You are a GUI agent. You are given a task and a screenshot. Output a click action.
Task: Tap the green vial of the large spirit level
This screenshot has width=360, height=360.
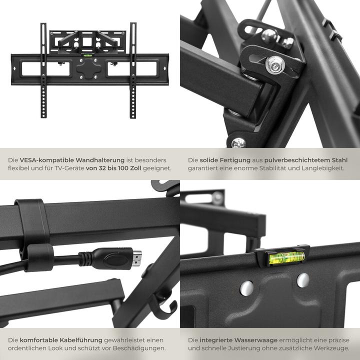click(286, 257)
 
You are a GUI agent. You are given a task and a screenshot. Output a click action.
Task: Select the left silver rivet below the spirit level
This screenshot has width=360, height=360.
click(246, 287)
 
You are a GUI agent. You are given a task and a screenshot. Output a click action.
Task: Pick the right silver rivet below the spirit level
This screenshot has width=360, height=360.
click(302, 280)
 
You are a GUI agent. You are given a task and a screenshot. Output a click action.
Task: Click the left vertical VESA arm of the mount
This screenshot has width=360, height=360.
click(44, 70)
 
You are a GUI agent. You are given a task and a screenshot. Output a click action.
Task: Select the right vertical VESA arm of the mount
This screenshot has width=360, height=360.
click(133, 70)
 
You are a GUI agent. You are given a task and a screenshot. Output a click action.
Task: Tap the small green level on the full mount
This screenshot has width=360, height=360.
click(88, 57)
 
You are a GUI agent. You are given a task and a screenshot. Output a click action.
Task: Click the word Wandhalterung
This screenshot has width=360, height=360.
click(100, 159)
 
